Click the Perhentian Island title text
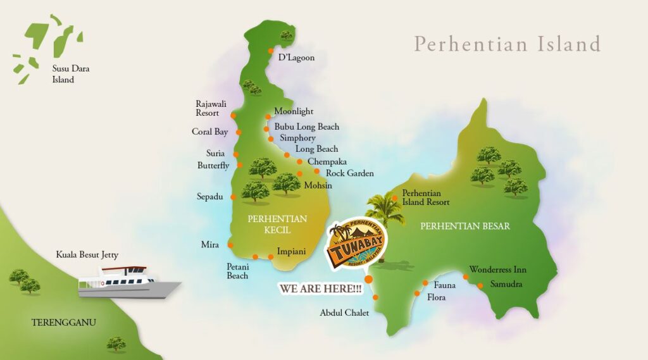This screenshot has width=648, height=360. (507, 44)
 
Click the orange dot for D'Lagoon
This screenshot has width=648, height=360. (270, 51)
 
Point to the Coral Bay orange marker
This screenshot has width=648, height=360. (239, 132)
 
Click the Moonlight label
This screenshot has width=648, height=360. (293, 112)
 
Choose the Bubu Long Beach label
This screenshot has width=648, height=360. (306, 127)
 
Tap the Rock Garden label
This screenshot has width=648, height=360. (349, 173)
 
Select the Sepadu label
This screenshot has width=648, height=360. (210, 197)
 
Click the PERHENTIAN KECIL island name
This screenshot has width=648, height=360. (277, 224)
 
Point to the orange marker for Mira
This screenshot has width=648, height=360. (230, 245)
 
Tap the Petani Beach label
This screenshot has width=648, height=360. (238, 271)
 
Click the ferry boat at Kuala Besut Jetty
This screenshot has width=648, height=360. (128, 282)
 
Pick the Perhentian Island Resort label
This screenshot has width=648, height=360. (426, 198)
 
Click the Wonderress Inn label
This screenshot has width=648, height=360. (497, 270)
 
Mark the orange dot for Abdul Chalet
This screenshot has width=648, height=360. (375, 297)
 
